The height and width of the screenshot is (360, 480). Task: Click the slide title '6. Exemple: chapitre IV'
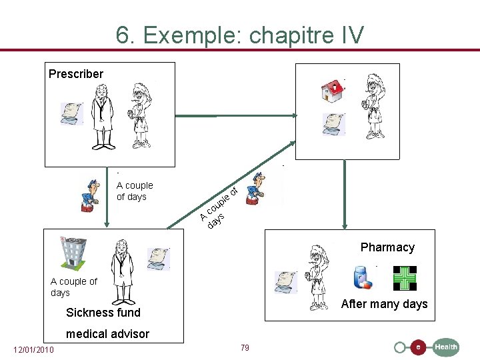pos(240,34)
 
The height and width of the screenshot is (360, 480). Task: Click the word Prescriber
pos(76,74)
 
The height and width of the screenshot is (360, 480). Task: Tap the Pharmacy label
pos(387,247)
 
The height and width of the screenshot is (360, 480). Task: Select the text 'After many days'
pos(384,305)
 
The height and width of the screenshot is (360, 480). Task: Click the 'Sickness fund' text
pos(103,313)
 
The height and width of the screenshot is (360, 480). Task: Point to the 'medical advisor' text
pos(107,334)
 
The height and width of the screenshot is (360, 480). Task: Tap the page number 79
pos(245,348)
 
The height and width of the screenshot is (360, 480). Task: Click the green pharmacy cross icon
pos(404,278)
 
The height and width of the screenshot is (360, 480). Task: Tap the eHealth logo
pos(427,347)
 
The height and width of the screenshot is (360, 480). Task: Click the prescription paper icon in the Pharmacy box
pos(287,282)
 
